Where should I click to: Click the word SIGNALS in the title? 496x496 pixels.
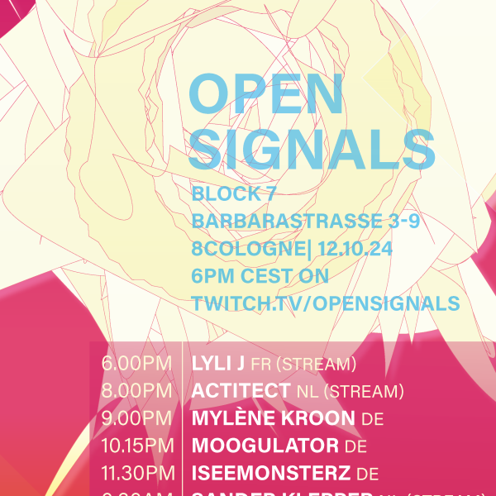312,150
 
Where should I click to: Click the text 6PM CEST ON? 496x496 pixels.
260,275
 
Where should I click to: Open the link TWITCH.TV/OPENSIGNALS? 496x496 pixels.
326,303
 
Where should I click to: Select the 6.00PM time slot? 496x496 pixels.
136,364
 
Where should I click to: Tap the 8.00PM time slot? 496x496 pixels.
136,391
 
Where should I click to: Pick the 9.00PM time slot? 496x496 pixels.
136,418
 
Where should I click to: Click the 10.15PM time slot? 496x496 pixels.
136,446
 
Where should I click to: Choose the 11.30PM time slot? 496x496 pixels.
136,474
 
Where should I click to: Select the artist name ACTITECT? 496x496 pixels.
240,391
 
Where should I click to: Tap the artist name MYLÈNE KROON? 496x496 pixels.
274,418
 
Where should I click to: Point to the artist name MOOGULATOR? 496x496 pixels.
265,446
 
